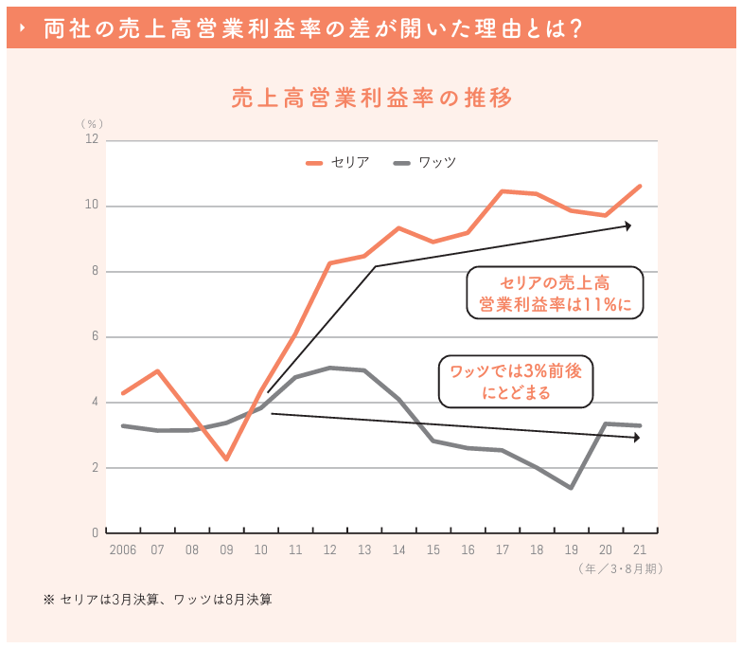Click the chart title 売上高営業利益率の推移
(371, 99)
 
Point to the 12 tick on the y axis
(92, 140)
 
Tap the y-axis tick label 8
(95, 272)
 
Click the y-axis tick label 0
(95, 533)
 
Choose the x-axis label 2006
(122, 550)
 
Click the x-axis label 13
(363, 550)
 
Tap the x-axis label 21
(640, 550)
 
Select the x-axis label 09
(226, 550)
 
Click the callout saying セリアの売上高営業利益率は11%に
(556, 294)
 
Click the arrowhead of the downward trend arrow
(636, 438)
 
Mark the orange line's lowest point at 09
(226, 459)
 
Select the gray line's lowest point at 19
(571, 488)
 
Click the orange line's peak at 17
(503, 191)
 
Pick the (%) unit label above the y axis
(91, 123)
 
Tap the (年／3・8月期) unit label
(620, 569)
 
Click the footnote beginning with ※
(157, 600)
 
